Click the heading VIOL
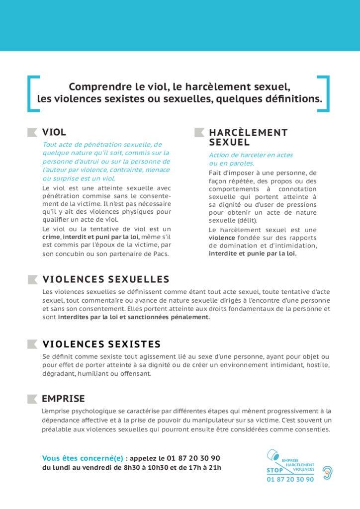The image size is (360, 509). (54, 132)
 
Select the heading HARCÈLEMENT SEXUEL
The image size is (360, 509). (248, 137)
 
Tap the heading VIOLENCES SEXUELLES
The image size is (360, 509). (106, 279)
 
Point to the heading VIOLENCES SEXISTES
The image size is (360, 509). (101, 344)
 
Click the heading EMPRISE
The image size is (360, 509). (63, 399)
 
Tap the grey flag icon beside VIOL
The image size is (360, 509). (32, 132)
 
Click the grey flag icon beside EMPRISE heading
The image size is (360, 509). (32, 399)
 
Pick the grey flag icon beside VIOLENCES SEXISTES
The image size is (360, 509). (32, 344)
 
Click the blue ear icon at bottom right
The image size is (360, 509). (327, 472)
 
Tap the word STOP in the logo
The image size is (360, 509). (275, 470)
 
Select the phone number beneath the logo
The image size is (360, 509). (290, 480)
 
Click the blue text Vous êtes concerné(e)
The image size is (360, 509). (83, 458)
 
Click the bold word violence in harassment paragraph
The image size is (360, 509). (221, 238)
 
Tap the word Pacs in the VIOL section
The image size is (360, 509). (161, 254)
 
